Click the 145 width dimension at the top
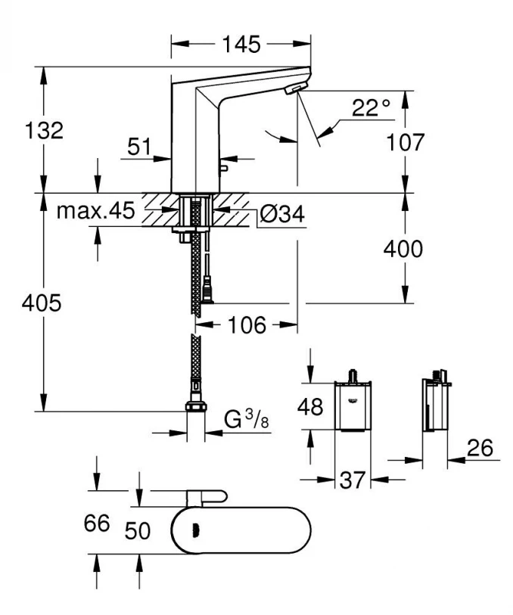coord(241,45)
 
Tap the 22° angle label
coord(370,109)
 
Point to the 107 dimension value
coord(408,141)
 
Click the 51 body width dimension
coord(139,148)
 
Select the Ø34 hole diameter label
coord(281,215)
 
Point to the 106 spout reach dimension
coord(247,325)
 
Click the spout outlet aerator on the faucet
coord(291,90)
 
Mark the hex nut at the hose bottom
coord(194,407)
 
